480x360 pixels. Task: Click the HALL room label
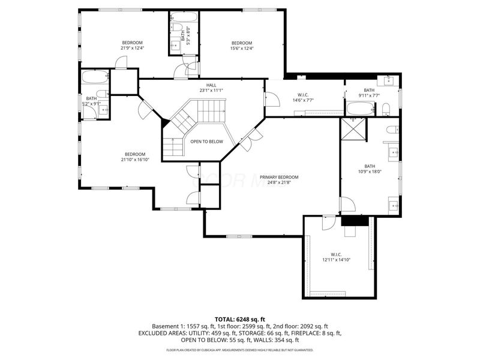tap(211, 85)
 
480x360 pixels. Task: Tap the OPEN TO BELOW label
tap(206, 142)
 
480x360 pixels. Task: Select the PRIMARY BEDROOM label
tap(279, 177)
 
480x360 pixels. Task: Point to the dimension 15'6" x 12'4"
tap(241, 49)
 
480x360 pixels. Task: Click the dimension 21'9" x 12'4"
tap(132, 49)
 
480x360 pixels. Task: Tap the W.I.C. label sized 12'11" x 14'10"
tap(335, 254)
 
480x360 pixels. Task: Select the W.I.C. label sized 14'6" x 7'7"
tap(302, 95)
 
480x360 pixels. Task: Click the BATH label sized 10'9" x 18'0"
tap(369, 166)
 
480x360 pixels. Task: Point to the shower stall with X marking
tap(353, 128)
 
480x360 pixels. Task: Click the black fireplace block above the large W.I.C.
tap(355, 221)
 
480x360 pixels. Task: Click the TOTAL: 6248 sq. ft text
tap(239, 319)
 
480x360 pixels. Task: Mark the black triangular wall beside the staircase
tap(164, 122)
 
